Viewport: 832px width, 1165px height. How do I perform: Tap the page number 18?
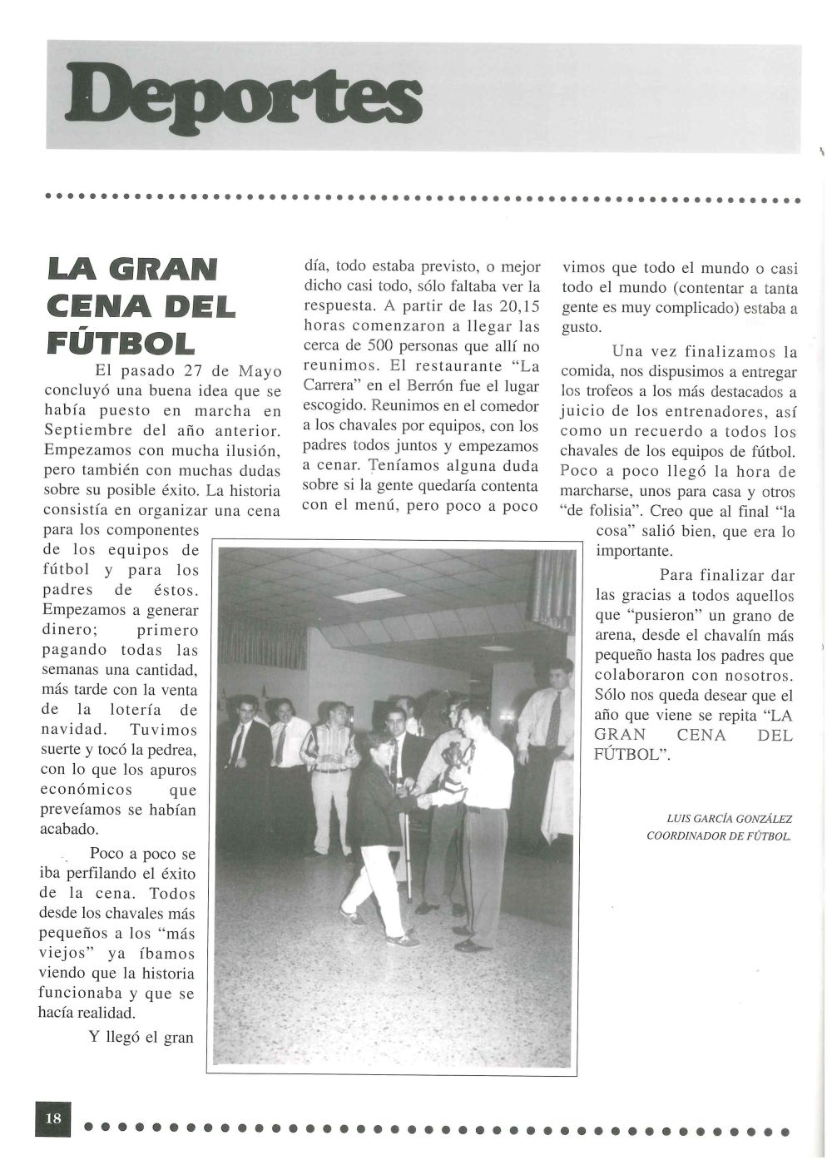[x=52, y=1118]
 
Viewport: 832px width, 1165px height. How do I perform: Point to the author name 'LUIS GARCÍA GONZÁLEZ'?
[x=730, y=819]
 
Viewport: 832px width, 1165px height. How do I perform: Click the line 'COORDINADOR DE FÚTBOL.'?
[x=719, y=836]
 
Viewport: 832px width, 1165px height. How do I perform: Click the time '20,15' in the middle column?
[x=518, y=307]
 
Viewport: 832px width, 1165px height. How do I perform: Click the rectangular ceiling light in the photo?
[x=369, y=595]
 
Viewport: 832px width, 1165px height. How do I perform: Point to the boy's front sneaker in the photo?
[x=401, y=940]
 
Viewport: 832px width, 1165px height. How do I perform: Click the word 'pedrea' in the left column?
[x=171, y=750]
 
